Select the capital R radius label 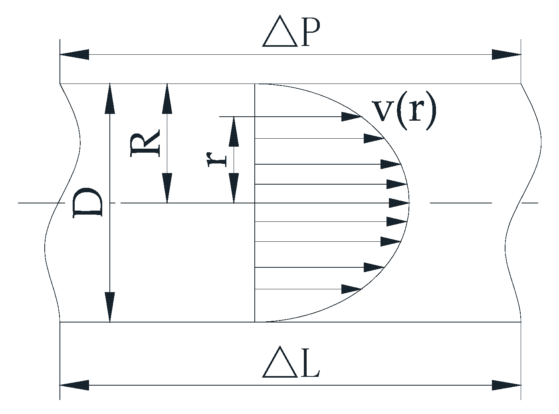[x=145, y=143]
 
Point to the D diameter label [x=88, y=203]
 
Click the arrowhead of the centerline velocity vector [x=399, y=203]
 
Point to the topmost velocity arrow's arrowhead [x=351, y=117]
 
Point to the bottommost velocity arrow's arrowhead [x=351, y=289]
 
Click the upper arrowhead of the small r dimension [x=234, y=131]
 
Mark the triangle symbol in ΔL [x=280, y=366]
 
